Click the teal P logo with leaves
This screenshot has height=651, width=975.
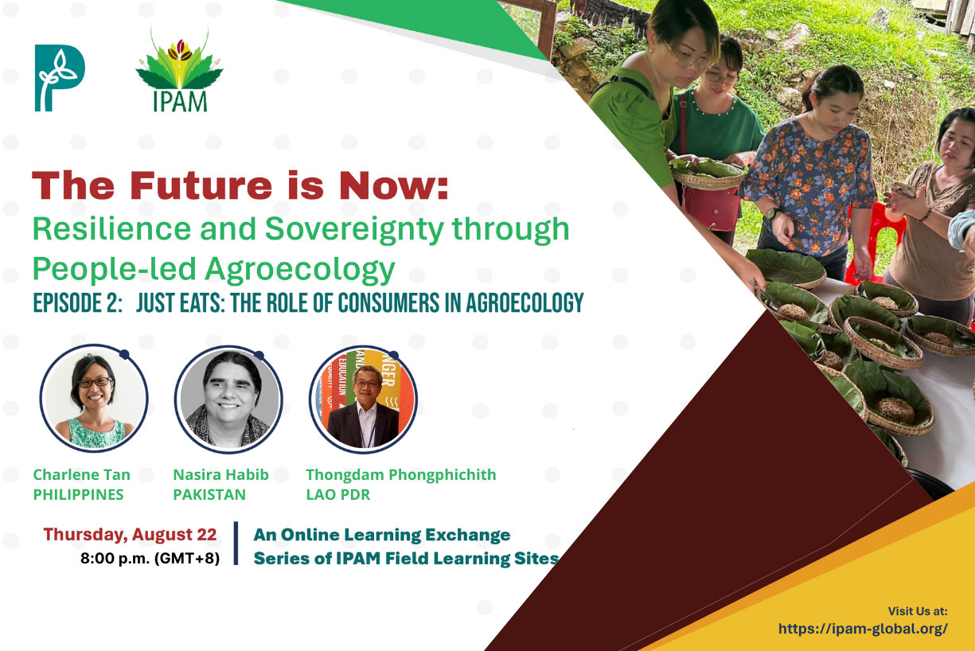pos(60,78)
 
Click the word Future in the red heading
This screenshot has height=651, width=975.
pos(201,185)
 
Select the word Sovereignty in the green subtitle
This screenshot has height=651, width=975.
pos(354,230)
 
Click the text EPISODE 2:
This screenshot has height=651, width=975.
pos(78,302)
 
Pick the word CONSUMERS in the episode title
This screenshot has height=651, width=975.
pos(388,302)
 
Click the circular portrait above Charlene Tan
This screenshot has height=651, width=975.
pos(94,398)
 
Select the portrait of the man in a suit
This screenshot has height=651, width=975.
pos(364,400)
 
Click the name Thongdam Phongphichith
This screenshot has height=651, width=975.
pos(401,475)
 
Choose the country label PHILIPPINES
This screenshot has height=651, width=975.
pos(78,495)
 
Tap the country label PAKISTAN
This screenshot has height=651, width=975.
pos(209,495)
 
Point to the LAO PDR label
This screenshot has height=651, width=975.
pos(338,495)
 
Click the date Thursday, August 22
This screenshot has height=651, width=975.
pos(130,535)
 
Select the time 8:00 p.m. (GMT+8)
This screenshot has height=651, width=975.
pos(150,559)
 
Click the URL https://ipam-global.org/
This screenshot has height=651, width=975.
pos(863,629)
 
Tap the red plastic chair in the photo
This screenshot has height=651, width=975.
pos(875,244)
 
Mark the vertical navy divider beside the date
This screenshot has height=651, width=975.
pos(236,543)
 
